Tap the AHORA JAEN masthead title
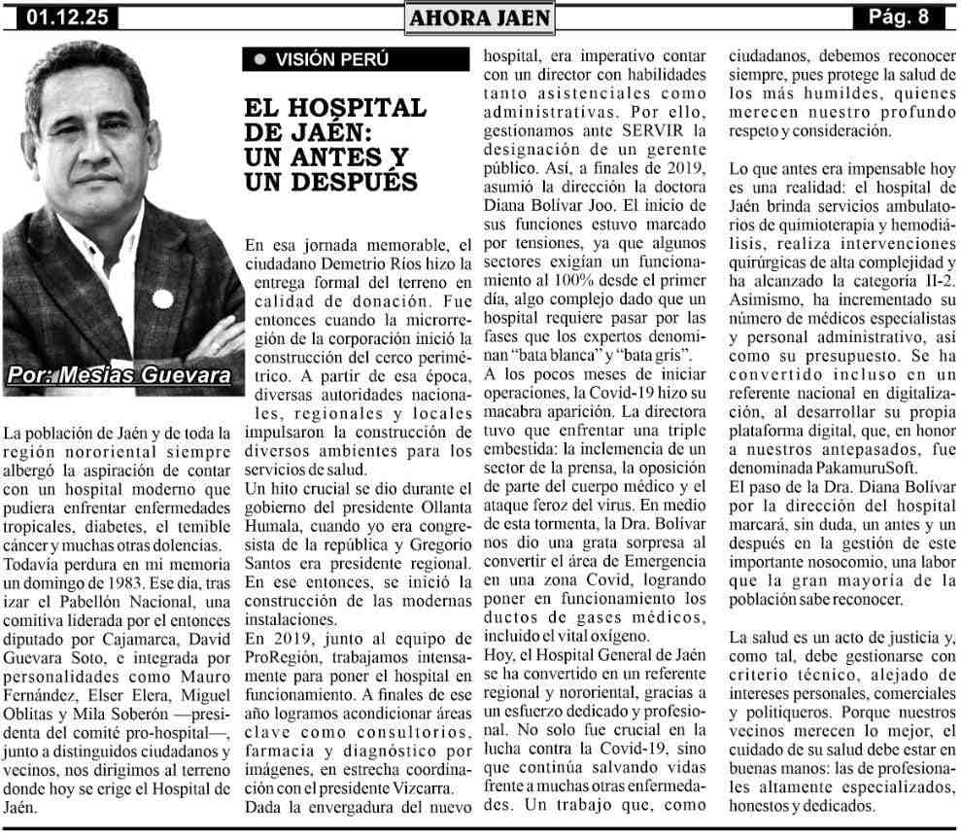point(480,17)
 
